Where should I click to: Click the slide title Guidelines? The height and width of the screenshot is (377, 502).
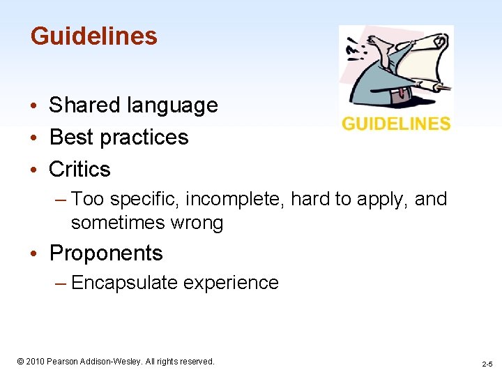coord(94,36)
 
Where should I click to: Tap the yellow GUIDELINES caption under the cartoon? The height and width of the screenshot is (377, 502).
coord(396,124)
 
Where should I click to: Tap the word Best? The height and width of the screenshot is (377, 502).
coord(70,137)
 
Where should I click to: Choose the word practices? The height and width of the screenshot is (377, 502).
coord(144,138)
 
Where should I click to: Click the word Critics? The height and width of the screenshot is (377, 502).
coord(79,169)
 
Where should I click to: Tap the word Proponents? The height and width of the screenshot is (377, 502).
coord(106,253)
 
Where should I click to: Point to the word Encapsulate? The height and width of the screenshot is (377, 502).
coord(124,283)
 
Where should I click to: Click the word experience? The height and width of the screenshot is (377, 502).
coord(231,283)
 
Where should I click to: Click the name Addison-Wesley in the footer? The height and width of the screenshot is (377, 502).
coord(116,362)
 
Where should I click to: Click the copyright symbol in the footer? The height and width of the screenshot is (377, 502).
coord(20,362)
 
